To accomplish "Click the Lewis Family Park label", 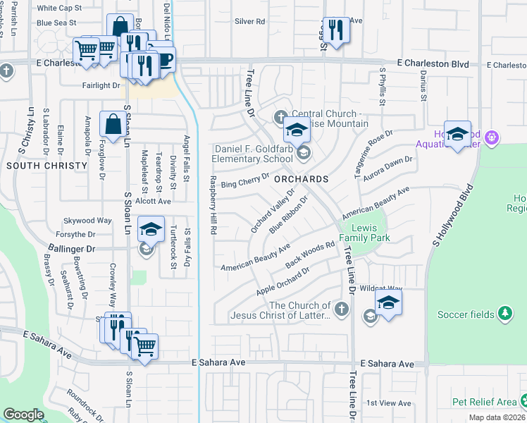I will (365, 233).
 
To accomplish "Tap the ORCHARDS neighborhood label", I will (302, 179).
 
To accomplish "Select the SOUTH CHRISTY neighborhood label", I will (46, 166).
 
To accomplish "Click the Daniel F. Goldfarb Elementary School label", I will (253, 154).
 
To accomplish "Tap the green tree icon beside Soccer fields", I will (504, 312).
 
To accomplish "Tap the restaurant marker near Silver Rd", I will (336, 30).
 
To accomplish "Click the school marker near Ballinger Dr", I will (151, 229).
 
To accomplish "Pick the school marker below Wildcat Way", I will (387, 303).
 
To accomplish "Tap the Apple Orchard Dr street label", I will (283, 281).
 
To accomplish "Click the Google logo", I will (24, 415).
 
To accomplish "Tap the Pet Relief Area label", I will (485, 402).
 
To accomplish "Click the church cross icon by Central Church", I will (280, 115).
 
